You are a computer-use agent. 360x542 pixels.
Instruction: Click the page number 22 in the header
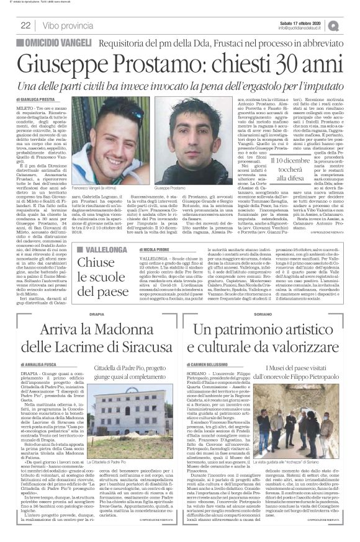[x=26, y=25]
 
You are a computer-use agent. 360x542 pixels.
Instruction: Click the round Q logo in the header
[x=351, y=25]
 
